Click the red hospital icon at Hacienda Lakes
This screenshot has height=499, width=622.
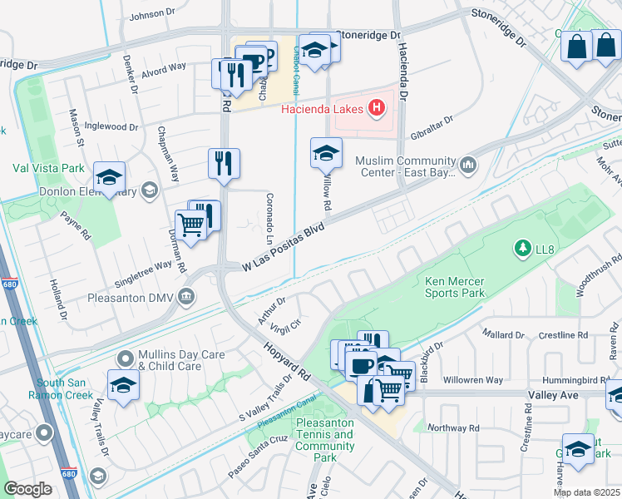click(x=378, y=107)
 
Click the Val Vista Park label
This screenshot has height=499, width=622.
click(x=48, y=167)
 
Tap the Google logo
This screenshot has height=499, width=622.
click(x=27, y=489)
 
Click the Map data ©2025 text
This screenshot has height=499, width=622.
click(x=586, y=492)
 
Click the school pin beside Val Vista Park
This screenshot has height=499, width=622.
click(x=109, y=177)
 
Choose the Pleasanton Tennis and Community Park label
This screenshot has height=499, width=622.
click(x=325, y=440)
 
